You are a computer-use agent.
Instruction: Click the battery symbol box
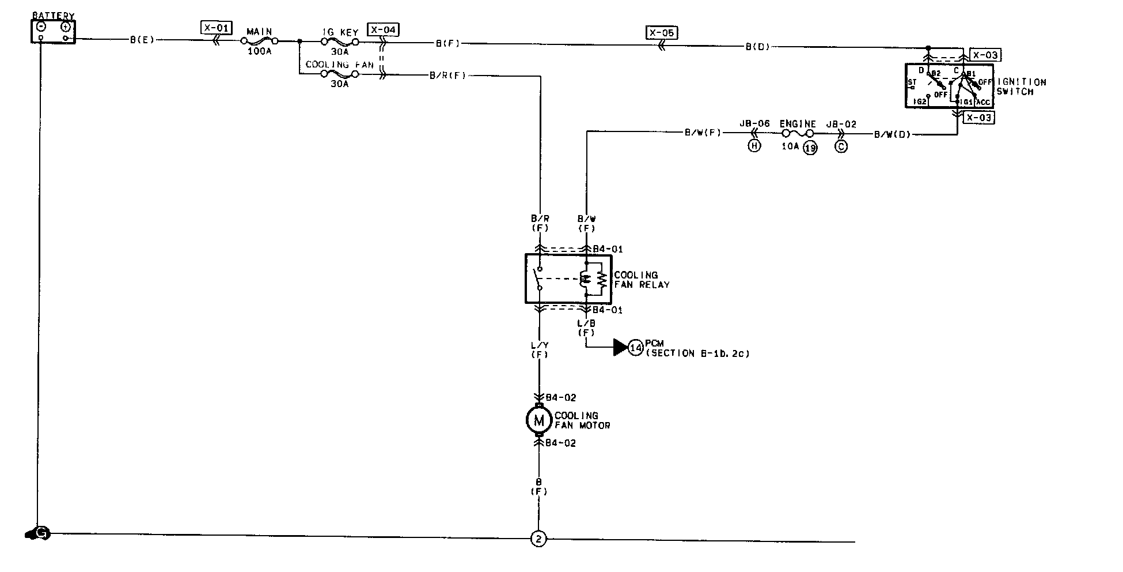52,31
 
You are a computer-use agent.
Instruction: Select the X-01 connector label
217,27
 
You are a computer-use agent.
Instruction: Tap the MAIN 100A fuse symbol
259,41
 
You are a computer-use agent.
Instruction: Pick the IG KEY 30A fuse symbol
340,42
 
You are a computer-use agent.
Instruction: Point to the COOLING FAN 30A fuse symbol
340,74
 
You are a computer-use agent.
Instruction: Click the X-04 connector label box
383,29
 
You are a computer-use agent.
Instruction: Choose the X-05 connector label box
661,33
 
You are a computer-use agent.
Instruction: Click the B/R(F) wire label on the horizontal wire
447,75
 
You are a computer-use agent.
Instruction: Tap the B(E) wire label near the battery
142,40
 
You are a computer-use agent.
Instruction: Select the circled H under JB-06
754,146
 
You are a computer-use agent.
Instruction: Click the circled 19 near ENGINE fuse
810,148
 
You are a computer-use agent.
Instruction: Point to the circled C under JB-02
841,146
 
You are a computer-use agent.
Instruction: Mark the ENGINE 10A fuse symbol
798,134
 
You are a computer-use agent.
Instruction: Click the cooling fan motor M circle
539,420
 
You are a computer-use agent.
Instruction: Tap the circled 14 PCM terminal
636,348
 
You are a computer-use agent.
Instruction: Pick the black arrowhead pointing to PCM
620,347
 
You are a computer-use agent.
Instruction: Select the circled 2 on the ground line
538,539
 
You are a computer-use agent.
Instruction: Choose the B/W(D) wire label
892,135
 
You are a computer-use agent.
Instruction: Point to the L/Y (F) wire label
539,349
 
